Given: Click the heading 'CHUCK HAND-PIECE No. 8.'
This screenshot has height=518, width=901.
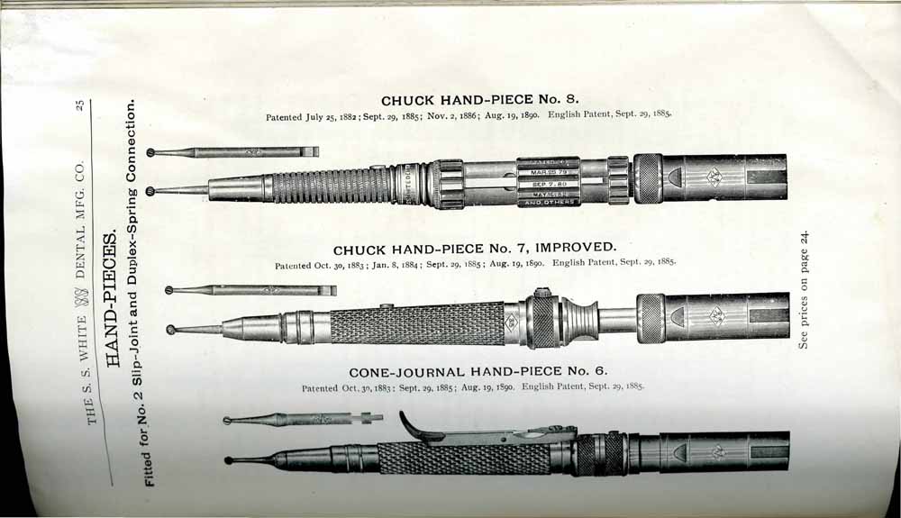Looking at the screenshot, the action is (x=480, y=100).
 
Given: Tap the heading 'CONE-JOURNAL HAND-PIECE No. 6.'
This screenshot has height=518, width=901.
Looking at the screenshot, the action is (x=478, y=371).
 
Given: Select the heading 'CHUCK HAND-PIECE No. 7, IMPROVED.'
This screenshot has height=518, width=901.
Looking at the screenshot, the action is (x=475, y=249).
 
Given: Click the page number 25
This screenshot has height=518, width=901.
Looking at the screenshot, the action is (x=80, y=105).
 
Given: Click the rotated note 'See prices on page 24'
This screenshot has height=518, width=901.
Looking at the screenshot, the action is (x=804, y=289).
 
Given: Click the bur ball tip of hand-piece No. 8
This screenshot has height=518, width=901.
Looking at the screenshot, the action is (x=151, y=191).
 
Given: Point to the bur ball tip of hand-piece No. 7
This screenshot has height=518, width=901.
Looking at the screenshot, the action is (x=170, y=330).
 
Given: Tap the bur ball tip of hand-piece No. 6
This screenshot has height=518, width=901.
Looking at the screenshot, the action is (x=229, y=460).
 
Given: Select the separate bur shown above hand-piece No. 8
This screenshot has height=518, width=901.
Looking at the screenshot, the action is (x=232, y=153).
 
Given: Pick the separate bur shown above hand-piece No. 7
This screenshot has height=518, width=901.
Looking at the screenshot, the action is (x=250, y=291).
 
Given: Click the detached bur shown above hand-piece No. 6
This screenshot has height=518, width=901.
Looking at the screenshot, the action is (x=303, y=419).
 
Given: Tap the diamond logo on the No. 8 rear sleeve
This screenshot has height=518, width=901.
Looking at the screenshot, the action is (x=714, y=176).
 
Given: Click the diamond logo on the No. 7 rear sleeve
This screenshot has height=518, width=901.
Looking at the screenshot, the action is (x=716, y=315).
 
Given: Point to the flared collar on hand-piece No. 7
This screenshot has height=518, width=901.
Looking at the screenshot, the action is (x=579, y=319).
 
